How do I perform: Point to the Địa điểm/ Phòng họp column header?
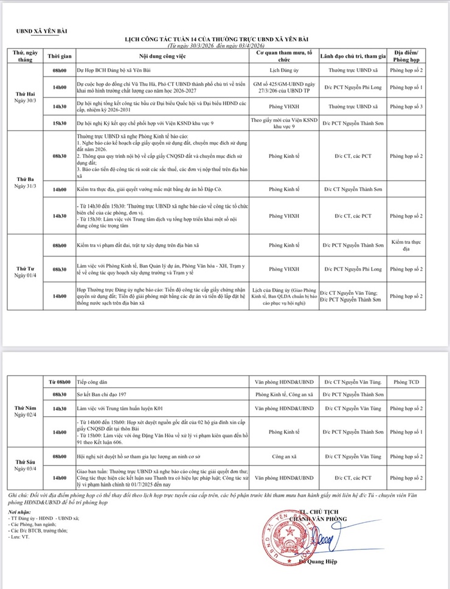(407, 57)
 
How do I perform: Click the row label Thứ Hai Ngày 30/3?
(25, 97)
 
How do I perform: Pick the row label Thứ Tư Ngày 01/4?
(25, 270)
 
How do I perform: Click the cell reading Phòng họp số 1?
(407, 88)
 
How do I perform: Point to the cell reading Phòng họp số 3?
(407, 106)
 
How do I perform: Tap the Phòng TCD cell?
(407, 382)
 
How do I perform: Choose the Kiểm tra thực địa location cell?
(407, 246)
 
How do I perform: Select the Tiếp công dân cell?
(88, 382)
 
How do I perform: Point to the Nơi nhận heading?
(19, 512)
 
